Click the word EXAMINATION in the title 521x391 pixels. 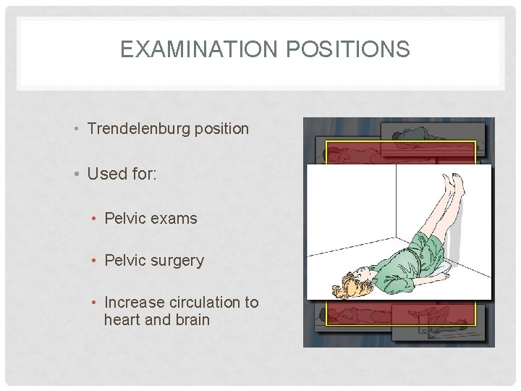[x=187, y=49]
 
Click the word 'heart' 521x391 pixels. [x=122, y=320]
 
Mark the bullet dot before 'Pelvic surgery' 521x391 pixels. [x=96, y=261]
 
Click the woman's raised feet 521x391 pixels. [x=454, y=182]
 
